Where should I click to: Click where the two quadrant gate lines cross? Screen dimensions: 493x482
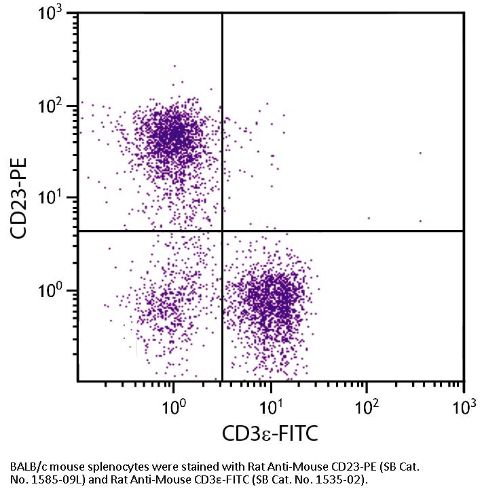[x=223, y=231]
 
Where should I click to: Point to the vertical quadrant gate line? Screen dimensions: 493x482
[x=223, y=136]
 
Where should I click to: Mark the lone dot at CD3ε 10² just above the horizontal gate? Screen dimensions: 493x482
[x=369, y=218]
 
